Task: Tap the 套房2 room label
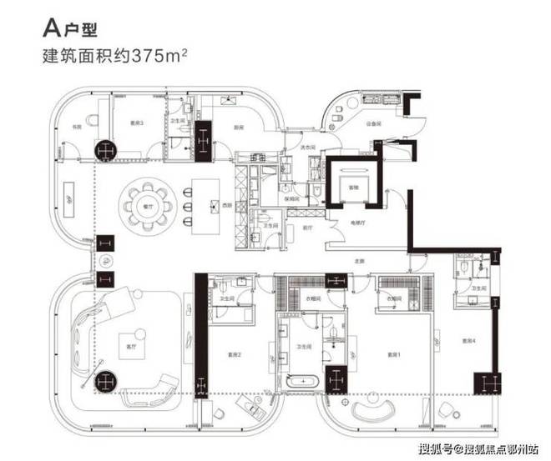pos(235,354)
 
